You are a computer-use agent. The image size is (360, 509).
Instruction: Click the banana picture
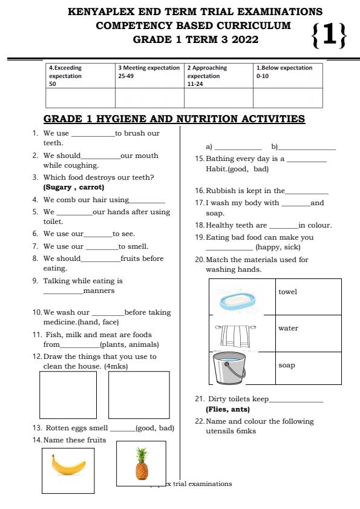(68, 465)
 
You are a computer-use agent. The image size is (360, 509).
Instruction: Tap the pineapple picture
(142, 464)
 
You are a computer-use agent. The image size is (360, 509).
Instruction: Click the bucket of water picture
(231, 368)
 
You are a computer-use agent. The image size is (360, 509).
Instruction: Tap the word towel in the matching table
(287, 292)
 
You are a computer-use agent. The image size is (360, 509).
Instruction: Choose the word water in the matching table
(288, 328)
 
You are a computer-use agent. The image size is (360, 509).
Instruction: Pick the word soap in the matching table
(287, 365)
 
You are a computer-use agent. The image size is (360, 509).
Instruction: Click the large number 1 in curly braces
(329, 34)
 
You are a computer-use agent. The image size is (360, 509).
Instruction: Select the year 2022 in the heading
(243, 40)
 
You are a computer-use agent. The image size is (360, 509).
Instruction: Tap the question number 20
(199, 260)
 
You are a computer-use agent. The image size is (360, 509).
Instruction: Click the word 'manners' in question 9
(99, 291)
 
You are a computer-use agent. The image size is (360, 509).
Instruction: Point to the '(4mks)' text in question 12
(116, 366)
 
